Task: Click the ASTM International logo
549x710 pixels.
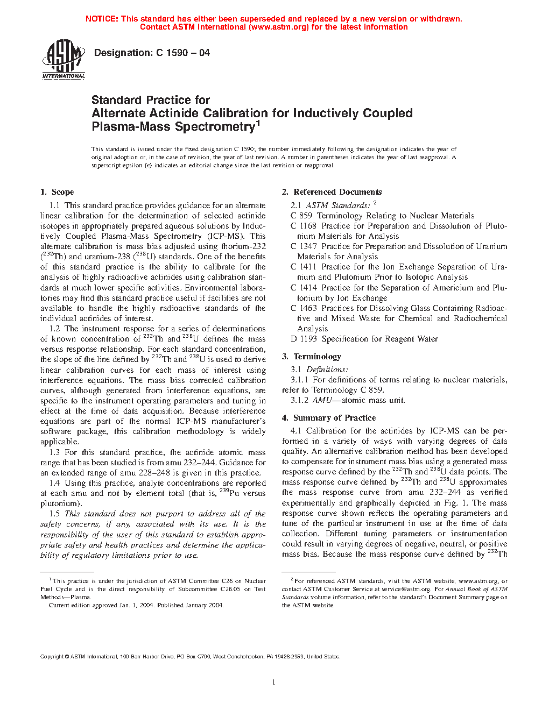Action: [x=64, y=59]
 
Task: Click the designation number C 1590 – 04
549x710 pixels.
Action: [x=183, y=53]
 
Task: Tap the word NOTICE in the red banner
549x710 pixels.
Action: [x=102, y=19]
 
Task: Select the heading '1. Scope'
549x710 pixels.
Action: [x=57, y=192]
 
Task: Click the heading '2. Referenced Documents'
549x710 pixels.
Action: [x=332, y=192]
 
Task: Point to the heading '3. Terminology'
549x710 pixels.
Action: [x=312, y=357]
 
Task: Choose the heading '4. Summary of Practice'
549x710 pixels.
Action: [x=329, y=418]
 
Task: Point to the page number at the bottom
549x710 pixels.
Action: [x=274, y=683]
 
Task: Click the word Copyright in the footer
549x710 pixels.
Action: [x=52, y=656]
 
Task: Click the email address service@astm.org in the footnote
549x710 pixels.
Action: [x=398, y=589]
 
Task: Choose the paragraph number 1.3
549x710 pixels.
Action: [x=54, y=452]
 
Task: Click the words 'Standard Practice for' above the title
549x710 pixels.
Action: [x=151, y=100]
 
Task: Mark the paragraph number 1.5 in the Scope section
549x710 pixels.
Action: [x=54, y=514]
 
